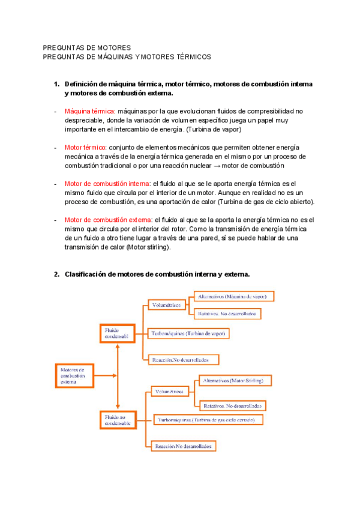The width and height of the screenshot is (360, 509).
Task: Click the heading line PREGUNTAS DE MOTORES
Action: tap(87, 47)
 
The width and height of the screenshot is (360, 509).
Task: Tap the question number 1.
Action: tap(56, 84)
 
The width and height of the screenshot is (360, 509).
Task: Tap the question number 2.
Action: tap(56, 274)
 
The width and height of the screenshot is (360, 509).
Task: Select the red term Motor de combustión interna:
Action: tap(108, 184)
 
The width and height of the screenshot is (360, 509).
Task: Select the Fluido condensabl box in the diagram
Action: tap(118, 333)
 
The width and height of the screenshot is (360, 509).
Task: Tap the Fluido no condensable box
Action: tap(118, 420)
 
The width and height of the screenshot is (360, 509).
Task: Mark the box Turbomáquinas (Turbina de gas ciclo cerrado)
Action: tap(206, 420)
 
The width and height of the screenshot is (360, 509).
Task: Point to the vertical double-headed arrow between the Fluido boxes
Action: tap(118, 376)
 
